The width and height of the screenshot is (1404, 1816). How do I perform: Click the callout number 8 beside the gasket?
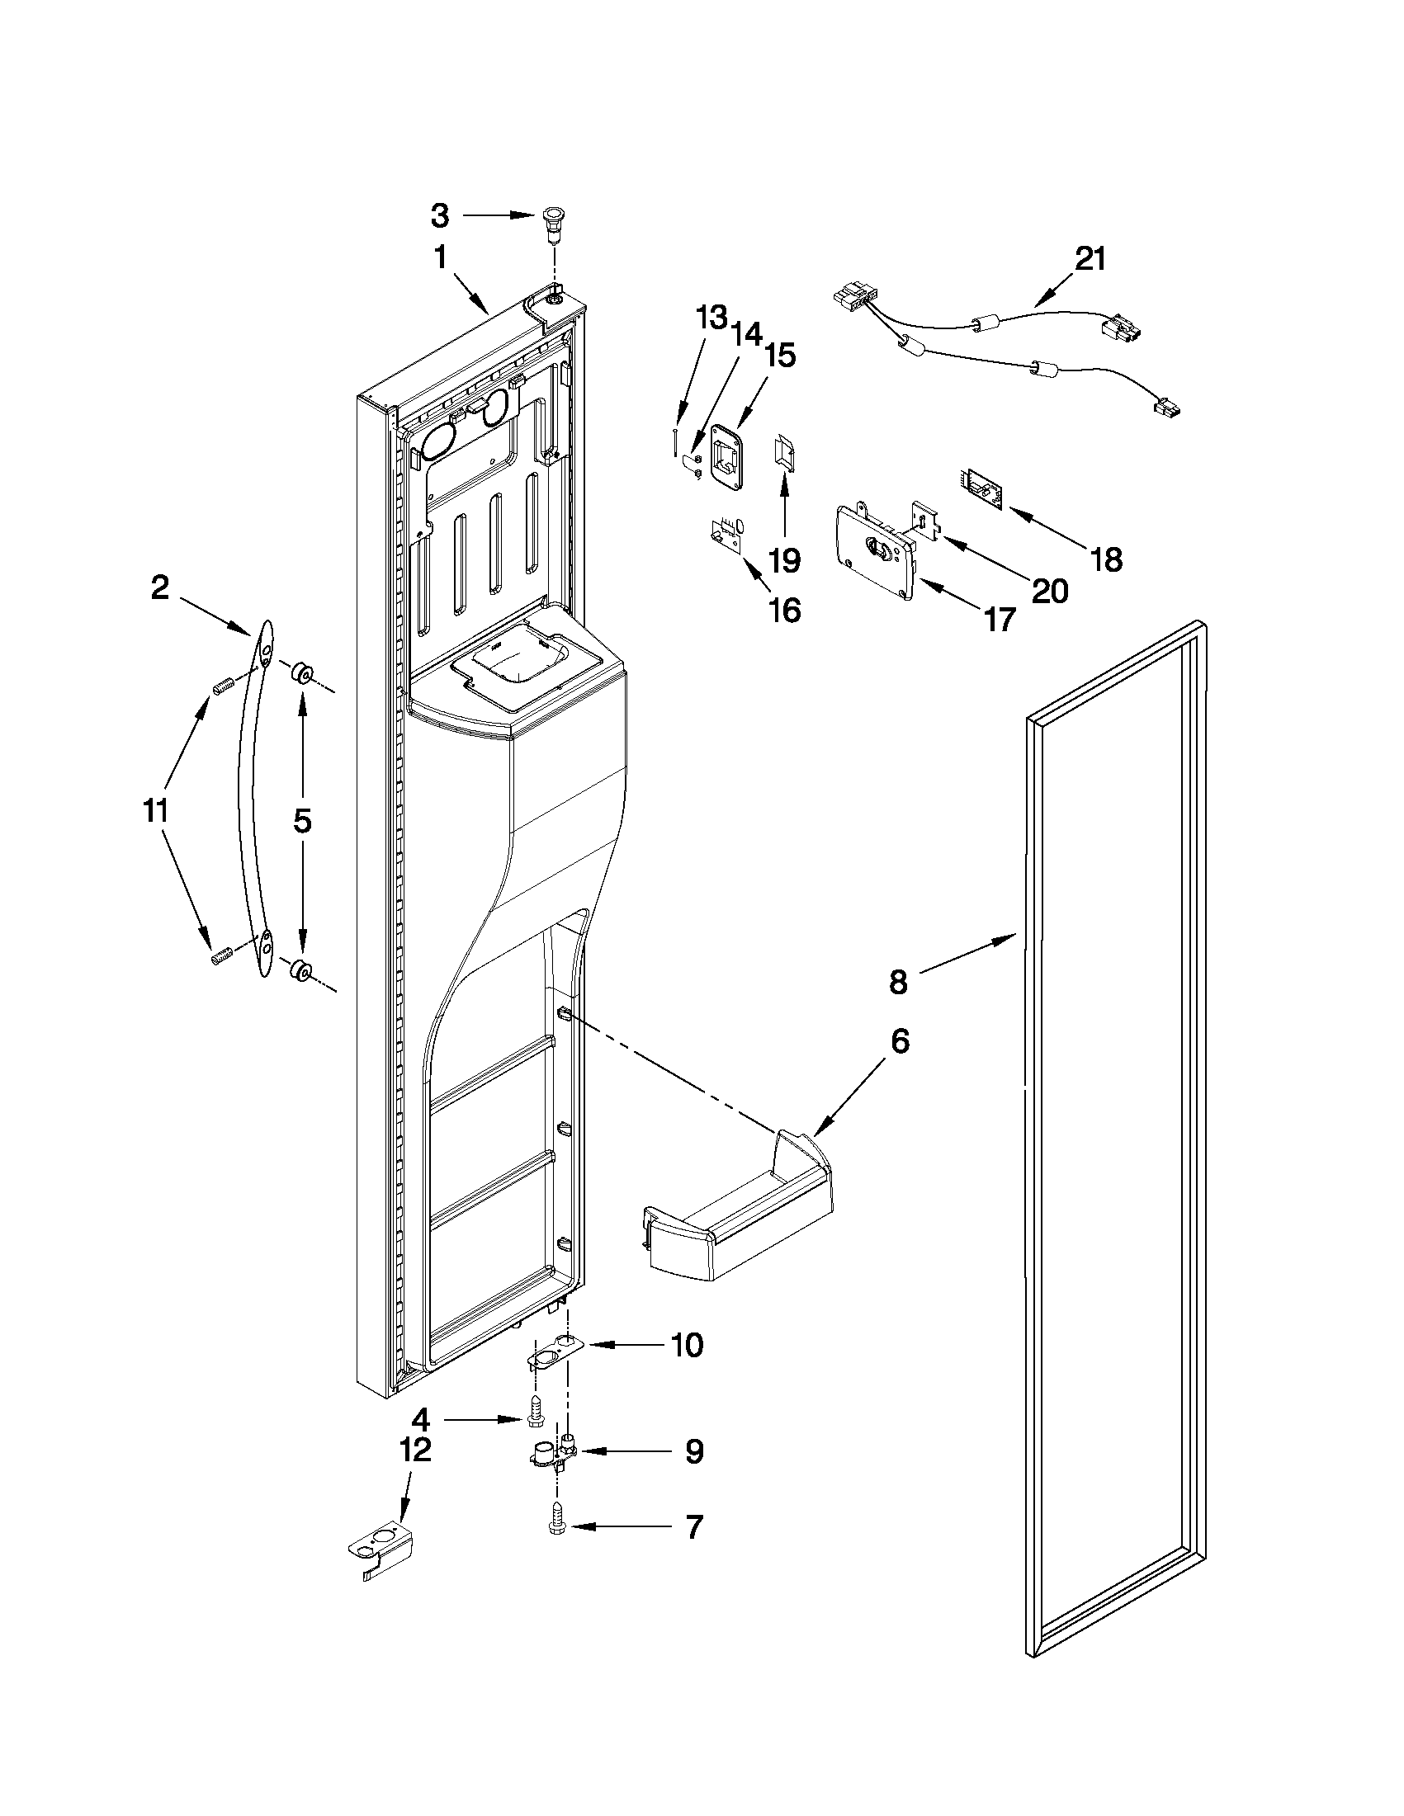(x=897, y=983)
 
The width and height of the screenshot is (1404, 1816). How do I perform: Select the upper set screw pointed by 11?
(x=222, y=686)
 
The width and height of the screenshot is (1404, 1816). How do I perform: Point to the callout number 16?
(x=785, y=611)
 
